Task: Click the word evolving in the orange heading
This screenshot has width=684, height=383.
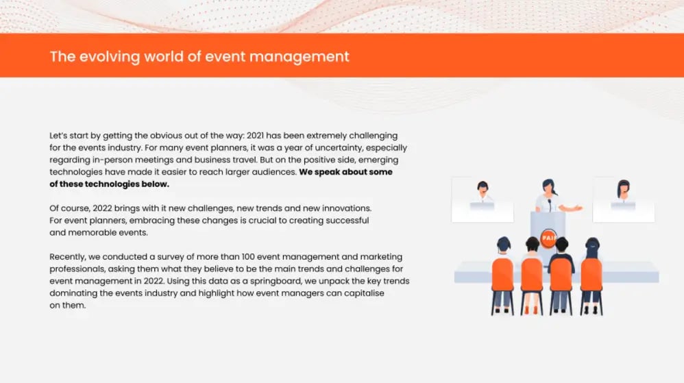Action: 110,57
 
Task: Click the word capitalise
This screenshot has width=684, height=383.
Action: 364,293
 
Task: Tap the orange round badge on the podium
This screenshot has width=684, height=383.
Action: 548,238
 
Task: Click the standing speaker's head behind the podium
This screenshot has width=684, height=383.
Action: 549,186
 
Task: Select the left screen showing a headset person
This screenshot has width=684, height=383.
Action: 483,200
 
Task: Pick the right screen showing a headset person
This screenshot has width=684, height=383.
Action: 624,200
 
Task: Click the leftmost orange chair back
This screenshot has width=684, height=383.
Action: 502,274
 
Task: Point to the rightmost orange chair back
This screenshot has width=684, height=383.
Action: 591,274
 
